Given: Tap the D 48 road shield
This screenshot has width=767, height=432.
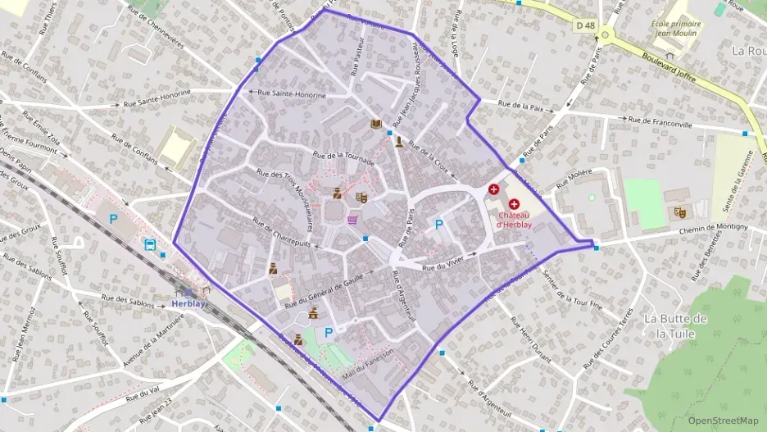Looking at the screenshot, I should [x=585, y=25].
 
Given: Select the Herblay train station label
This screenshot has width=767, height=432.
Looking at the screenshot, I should [x=189, y=302].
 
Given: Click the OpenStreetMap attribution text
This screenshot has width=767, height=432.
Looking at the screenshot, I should [x=723, y=421].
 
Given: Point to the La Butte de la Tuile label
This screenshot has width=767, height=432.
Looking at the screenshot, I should [x=675, y=325].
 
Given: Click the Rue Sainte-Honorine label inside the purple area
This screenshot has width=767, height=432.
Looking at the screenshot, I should [x=292, y=95].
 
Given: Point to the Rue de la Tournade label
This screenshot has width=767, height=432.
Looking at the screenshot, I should [x=343, y=157].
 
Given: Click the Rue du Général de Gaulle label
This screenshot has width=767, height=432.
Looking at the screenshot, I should [x=322, y=289].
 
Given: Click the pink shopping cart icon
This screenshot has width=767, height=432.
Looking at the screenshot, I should [x=353, y=220].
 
